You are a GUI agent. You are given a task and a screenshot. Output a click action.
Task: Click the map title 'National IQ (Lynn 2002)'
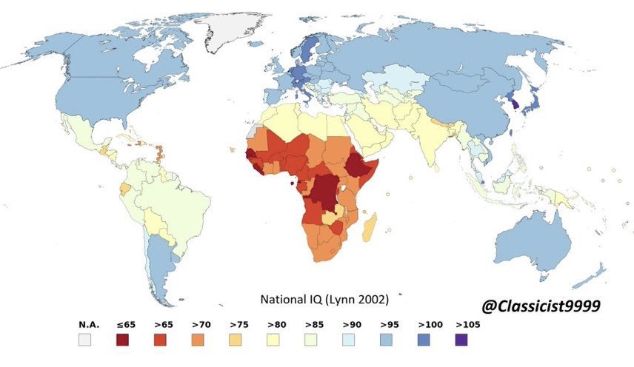tap(324, 300)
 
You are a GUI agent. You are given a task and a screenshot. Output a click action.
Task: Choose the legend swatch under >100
tap(428, 340)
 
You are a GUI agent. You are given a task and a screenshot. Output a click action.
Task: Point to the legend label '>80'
tap(277, 324)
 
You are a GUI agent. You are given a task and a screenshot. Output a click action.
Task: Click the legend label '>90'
tap(353, 324)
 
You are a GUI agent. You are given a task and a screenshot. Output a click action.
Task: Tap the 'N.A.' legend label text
tap(87, 324)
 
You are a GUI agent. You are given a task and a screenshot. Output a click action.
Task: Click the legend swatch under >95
tap(390, 340)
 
